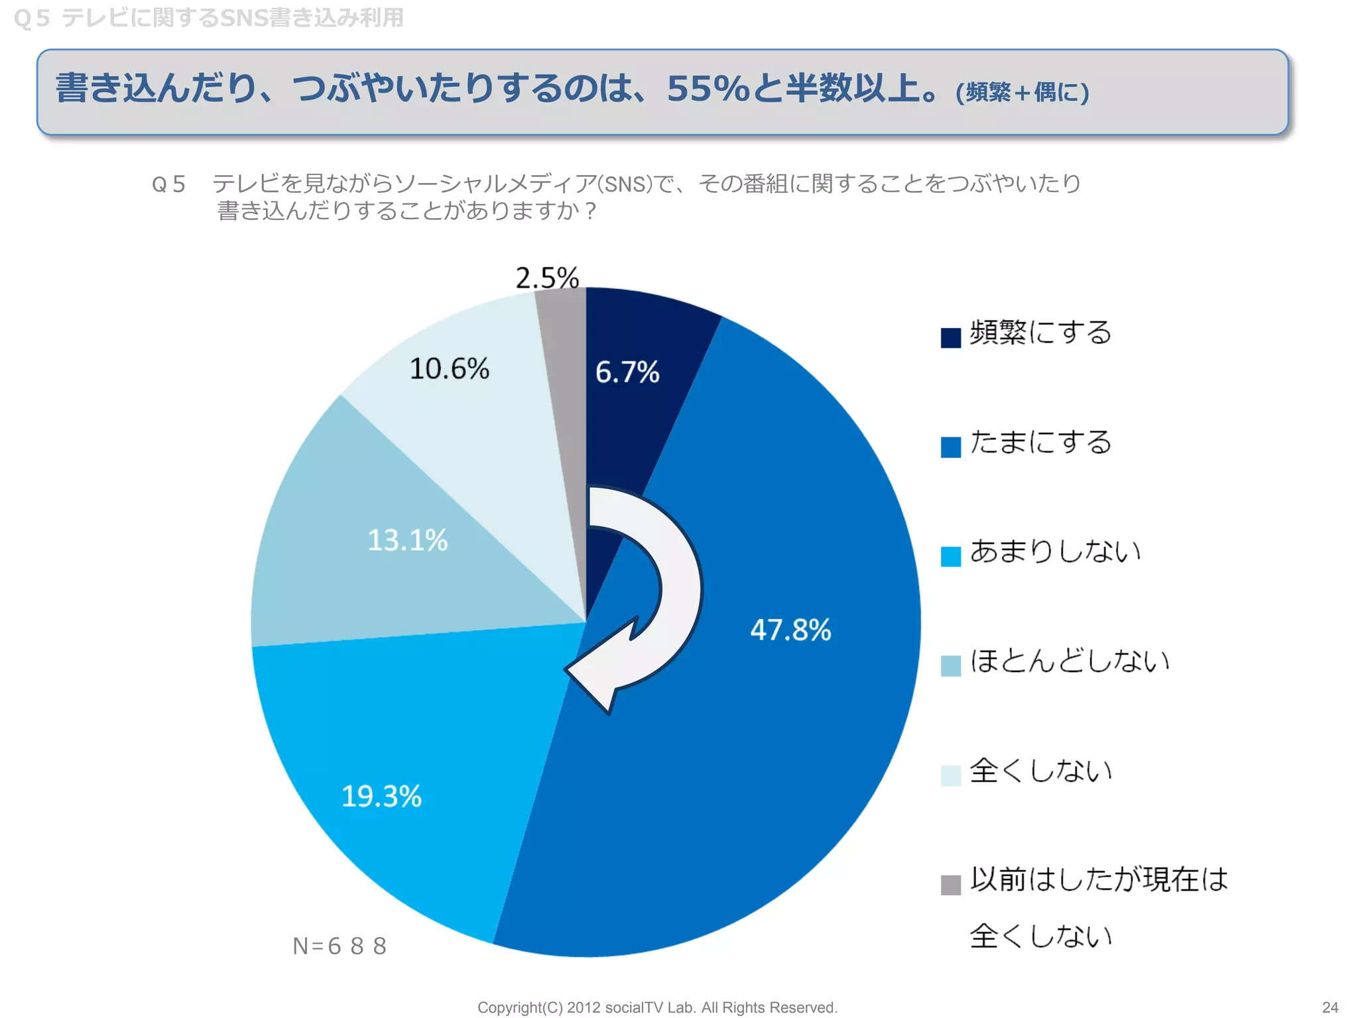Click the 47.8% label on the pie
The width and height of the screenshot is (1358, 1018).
[790, 630]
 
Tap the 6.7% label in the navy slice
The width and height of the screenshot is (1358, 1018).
[627, 372]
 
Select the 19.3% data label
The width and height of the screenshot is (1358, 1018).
[381, 796]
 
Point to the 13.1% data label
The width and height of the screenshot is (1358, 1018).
[408, 540]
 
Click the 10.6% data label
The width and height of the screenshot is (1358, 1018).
[450, 368]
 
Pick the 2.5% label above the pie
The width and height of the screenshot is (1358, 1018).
[547, 278]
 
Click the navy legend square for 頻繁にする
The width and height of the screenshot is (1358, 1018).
[950, 337]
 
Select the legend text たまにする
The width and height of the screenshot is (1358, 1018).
[1040, 442]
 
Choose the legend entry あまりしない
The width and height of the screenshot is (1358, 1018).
[1055, 551]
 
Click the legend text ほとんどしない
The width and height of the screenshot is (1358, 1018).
[1069, 661]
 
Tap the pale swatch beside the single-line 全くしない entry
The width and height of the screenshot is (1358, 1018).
[950, 775]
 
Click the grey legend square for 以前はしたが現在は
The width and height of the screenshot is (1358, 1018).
[950, 885]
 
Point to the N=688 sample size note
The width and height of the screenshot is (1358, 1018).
[339, 946]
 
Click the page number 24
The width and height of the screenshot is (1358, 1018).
[1329, 1007]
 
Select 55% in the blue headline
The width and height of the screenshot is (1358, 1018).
[708, 89]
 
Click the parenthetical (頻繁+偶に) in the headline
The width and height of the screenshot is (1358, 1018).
[1022, 92]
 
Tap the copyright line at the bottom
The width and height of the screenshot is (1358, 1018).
[657, 1007]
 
